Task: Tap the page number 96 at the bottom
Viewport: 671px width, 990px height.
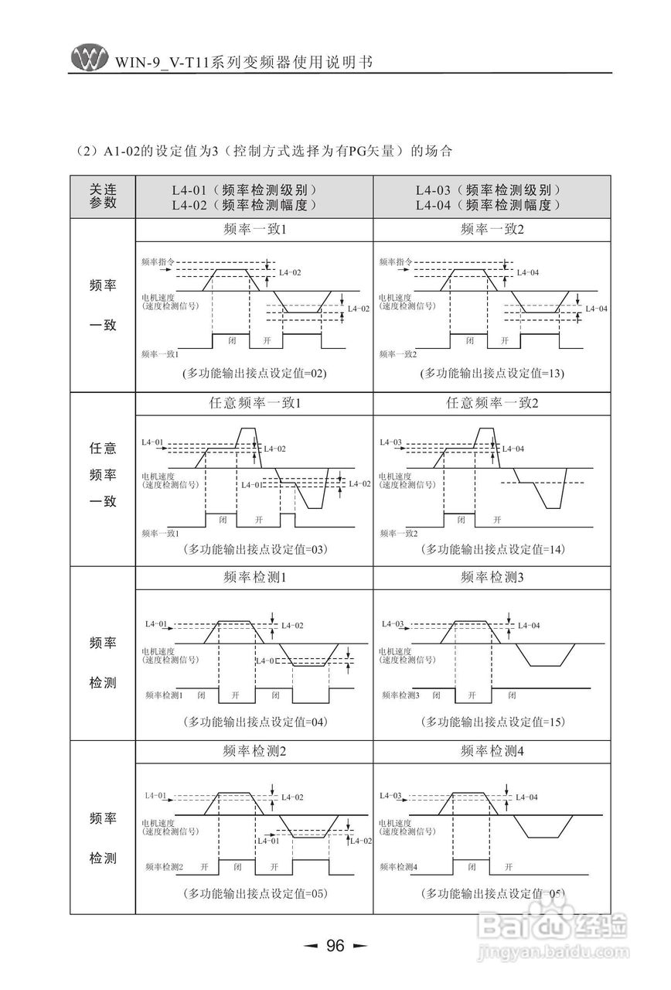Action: pos(335,945)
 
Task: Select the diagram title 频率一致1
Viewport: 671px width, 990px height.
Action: pos(254,230)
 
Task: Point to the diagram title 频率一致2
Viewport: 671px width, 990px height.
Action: pos(492,230)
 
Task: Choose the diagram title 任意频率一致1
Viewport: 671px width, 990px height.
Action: pos(254,403)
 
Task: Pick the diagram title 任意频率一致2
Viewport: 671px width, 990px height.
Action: pos(492,403)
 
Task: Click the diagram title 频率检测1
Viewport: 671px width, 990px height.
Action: pos(254,577)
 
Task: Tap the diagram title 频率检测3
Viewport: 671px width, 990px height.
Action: pos(492,577)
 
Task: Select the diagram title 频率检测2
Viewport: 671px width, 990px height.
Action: pos(254,751)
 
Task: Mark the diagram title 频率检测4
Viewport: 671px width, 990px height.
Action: pos(492,751)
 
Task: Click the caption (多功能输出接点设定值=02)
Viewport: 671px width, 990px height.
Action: pos(254,373)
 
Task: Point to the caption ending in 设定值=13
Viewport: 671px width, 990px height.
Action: pos(492,373)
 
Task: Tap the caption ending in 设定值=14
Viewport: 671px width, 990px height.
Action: pos(492,549)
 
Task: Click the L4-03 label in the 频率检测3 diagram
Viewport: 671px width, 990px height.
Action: pos(393,623)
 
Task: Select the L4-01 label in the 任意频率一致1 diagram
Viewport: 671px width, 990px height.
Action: pos(153,442)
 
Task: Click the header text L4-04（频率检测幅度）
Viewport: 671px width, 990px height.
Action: pos(487,205)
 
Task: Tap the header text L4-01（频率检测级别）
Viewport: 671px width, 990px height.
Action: pos(244,189)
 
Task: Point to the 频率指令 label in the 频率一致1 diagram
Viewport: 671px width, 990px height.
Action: pos(158,262)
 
